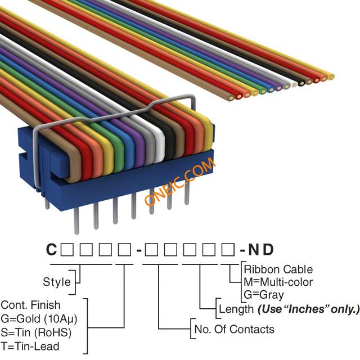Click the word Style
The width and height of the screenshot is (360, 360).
[57, 282]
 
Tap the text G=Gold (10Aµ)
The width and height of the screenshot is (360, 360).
[39, 319]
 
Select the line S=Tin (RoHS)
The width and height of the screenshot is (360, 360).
[36, 332]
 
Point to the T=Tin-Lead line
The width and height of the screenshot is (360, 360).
[30, 346]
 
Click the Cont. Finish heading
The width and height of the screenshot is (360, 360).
[30, 305]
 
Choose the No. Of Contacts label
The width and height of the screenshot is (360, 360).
[235, 329]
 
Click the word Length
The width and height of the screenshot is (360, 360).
[236, 309]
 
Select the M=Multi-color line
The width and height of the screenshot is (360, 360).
[278, 282]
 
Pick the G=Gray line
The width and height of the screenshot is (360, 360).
[264, 295]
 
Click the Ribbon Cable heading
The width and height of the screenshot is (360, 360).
[278, 269]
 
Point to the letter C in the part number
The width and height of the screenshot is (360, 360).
[51, 249]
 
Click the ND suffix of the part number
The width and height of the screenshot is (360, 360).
[261, 249]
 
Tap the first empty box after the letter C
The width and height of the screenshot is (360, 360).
[67, 250]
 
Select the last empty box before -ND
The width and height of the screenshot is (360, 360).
[228, 250]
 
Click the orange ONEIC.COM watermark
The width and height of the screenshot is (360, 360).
[181, 182]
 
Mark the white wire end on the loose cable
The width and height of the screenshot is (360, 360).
[294, 84]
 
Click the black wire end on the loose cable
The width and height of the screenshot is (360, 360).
[301, 83]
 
